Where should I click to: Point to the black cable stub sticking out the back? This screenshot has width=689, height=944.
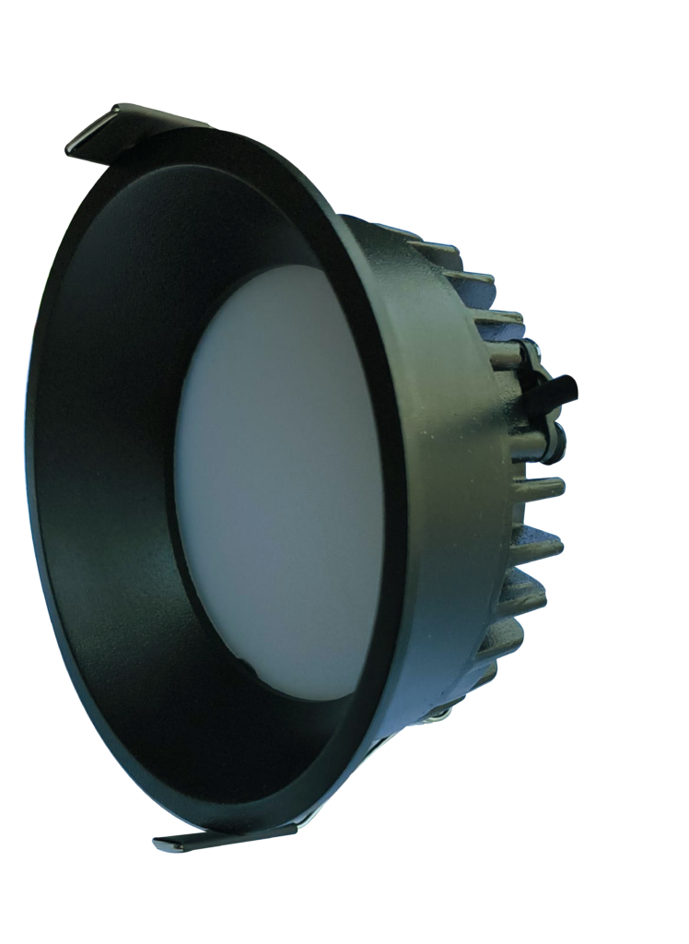[561, 388]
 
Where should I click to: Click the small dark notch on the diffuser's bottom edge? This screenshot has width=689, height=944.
[241, 661]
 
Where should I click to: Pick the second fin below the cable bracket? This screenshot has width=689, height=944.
[539, 544]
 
